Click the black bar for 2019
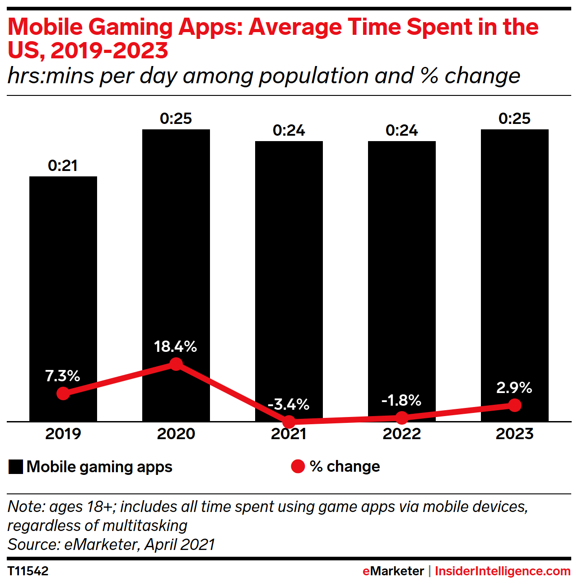63,280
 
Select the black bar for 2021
289,271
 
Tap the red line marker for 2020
176,364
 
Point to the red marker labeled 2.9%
515,405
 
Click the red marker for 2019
63,393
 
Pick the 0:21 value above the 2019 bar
63,166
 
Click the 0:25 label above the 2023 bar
515,118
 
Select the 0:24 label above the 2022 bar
402,131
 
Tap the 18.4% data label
175,346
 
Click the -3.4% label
289,404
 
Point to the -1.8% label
401,400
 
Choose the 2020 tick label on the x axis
176,434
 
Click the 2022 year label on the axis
402,434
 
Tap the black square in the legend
16,467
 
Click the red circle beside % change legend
298,466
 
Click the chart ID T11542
28,571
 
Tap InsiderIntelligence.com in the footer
503,571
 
